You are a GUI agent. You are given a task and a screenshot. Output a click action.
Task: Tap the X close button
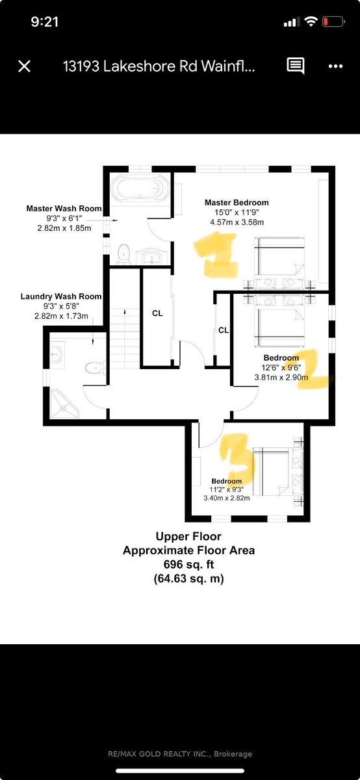click(x=25, y=66)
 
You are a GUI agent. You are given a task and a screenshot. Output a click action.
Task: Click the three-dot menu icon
click(x=335, y=66)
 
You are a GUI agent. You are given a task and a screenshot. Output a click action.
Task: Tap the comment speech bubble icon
click(x=295, y=66)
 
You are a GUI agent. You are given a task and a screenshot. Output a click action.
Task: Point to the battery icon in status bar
click(x=333, y=22)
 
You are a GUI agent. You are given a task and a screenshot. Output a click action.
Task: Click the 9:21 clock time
click(x=45, y=22)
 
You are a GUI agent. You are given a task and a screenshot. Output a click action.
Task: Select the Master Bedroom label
click(x=237, y=202)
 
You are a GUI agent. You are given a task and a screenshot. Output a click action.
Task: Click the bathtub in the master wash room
click(x=140, y=188)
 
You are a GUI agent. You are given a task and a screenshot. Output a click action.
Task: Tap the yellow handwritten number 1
click(x=217, y=255)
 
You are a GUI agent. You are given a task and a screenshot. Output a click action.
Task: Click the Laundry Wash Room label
click(x=61, y=296)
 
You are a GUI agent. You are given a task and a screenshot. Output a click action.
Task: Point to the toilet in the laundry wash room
click(x=95, y=368)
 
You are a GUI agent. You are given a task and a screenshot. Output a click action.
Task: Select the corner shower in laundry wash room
click(x=64, y=404)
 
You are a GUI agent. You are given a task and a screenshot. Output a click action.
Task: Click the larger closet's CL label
click(x=157, y=313)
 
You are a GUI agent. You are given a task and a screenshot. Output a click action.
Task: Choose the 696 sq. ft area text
click(x=188, y=564)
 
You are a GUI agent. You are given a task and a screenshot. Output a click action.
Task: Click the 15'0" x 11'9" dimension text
click(x=237, y=212)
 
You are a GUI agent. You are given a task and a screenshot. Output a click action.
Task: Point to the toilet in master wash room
click(x=123, y=253)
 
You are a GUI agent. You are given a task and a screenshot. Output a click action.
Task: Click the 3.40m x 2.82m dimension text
click(x=227, y=498)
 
